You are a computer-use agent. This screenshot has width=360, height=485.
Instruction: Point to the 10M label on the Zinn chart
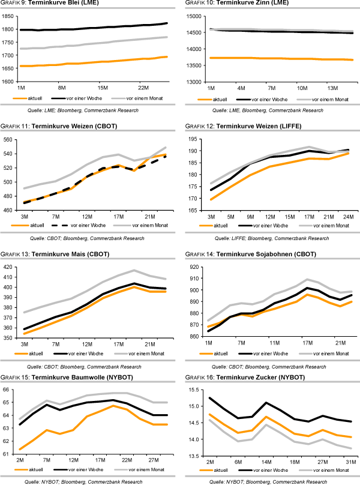pyautogui.click(x=302, y=87)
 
